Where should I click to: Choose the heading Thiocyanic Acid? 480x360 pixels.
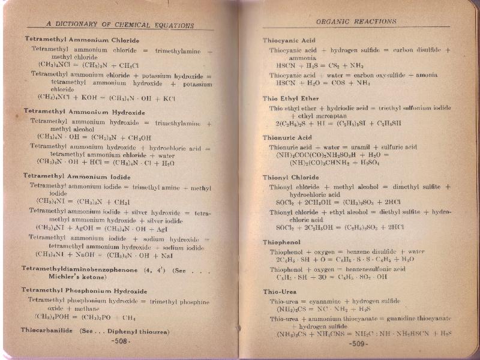click(289, 40)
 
